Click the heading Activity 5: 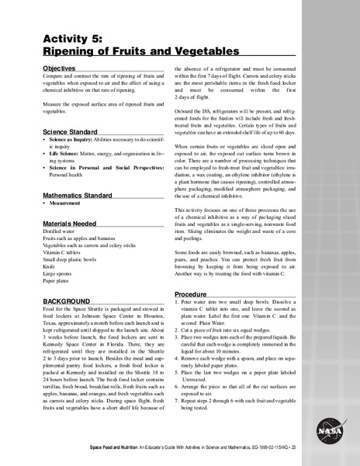74,40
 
